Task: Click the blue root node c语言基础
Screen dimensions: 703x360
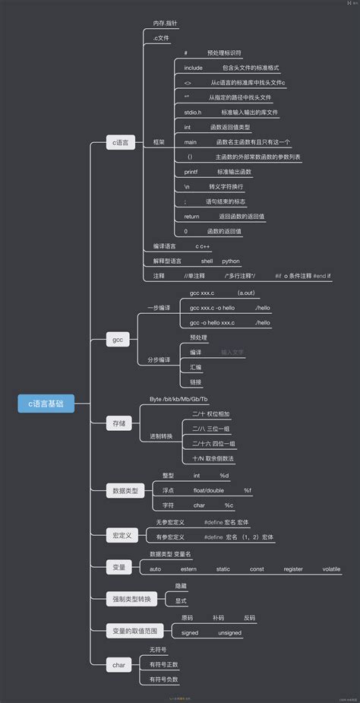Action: pos(46,404)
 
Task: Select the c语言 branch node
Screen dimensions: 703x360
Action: pos(121,142)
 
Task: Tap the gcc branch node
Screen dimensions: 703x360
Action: pos(118,340)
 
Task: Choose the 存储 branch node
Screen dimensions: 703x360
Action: pos(119,423)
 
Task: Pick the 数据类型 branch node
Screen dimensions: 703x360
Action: pos(124,491)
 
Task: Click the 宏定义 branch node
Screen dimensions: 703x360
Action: pos(122,536)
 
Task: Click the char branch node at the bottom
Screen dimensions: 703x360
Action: pos(119,665)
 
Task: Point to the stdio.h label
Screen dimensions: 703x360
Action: pos(193,112)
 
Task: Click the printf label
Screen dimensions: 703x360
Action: pos(191,172)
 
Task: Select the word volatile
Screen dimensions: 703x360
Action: pos(331,568)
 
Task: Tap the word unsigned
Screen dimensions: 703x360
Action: pos(230,632)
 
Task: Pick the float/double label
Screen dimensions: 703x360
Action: pos(208,490)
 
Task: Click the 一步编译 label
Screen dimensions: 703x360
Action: pos(159,307)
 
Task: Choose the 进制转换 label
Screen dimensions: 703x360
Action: pos(161,436)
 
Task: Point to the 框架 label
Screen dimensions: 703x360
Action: pos(159,142)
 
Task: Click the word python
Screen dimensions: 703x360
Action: pos(231,261)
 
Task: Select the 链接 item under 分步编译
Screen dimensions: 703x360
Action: pos(196,382)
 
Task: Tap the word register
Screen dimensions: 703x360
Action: pos(293,568)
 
